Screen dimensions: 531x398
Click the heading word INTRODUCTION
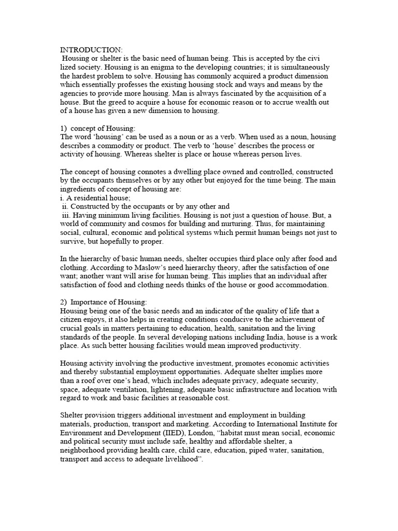click(x=91, y=50)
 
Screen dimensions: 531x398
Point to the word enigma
click(x=166, y=67)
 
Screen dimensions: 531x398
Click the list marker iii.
click(x=65, y=215)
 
